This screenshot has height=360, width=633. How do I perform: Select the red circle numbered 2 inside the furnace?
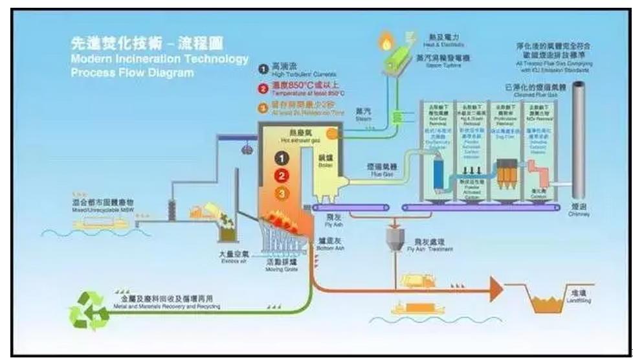(x=281, y=175)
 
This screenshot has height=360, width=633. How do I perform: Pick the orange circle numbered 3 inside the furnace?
(x=281, y=192)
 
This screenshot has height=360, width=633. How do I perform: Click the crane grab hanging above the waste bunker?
(x=247, y=150)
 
